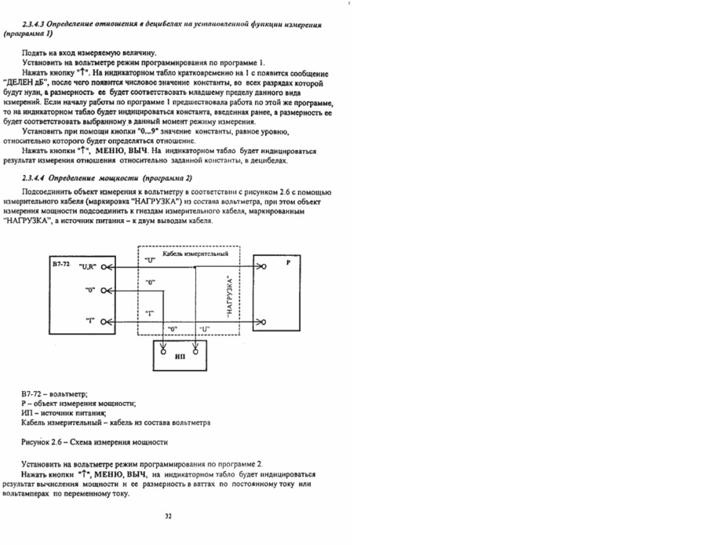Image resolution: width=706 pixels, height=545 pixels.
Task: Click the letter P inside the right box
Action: [x=288, y=265]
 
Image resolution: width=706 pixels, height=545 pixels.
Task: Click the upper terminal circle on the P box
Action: [x=263, y=267]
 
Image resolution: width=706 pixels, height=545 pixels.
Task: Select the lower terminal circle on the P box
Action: [x=263, y=321]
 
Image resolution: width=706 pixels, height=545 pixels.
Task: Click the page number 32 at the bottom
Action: [x=168, y=516]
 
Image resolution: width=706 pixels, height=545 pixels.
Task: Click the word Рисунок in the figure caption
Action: [x=38, y=442]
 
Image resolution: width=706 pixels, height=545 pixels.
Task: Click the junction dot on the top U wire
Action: [x=194, y=267]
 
